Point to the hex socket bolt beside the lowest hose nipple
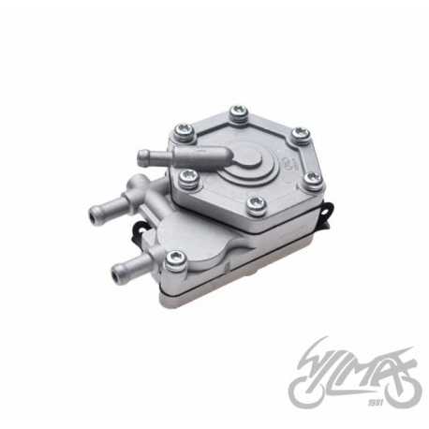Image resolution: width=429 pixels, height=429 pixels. pyautogui.click(x=172, y=257)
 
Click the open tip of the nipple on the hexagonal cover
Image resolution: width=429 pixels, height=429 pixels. pyautogui.click(x=141, y=157)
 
